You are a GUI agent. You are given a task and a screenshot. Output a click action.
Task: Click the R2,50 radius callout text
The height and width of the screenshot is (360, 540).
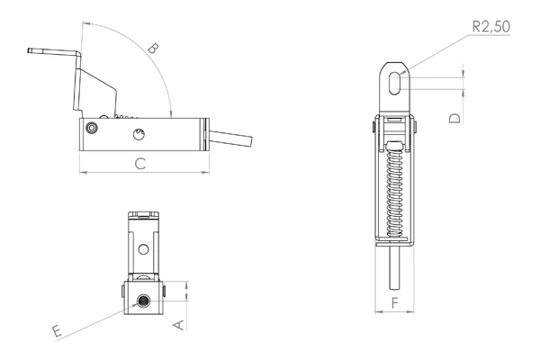(491, 26)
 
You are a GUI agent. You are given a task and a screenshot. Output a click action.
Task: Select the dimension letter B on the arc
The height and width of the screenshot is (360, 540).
(153, 49)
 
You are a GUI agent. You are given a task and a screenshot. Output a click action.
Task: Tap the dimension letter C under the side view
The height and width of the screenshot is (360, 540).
(140, 164)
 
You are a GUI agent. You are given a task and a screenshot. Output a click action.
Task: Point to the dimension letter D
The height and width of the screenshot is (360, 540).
(454, 118)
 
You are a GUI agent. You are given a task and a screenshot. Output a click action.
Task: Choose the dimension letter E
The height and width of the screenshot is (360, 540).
(58, 330)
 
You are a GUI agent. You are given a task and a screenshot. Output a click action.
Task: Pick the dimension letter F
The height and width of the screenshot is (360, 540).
(395, 302)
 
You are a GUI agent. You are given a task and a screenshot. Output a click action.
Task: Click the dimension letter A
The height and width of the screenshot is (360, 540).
(179, 325)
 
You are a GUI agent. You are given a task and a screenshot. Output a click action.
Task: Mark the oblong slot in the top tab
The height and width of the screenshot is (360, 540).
(394, 83)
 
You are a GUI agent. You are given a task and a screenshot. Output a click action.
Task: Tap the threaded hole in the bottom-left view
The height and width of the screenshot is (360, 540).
(142, 302)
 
